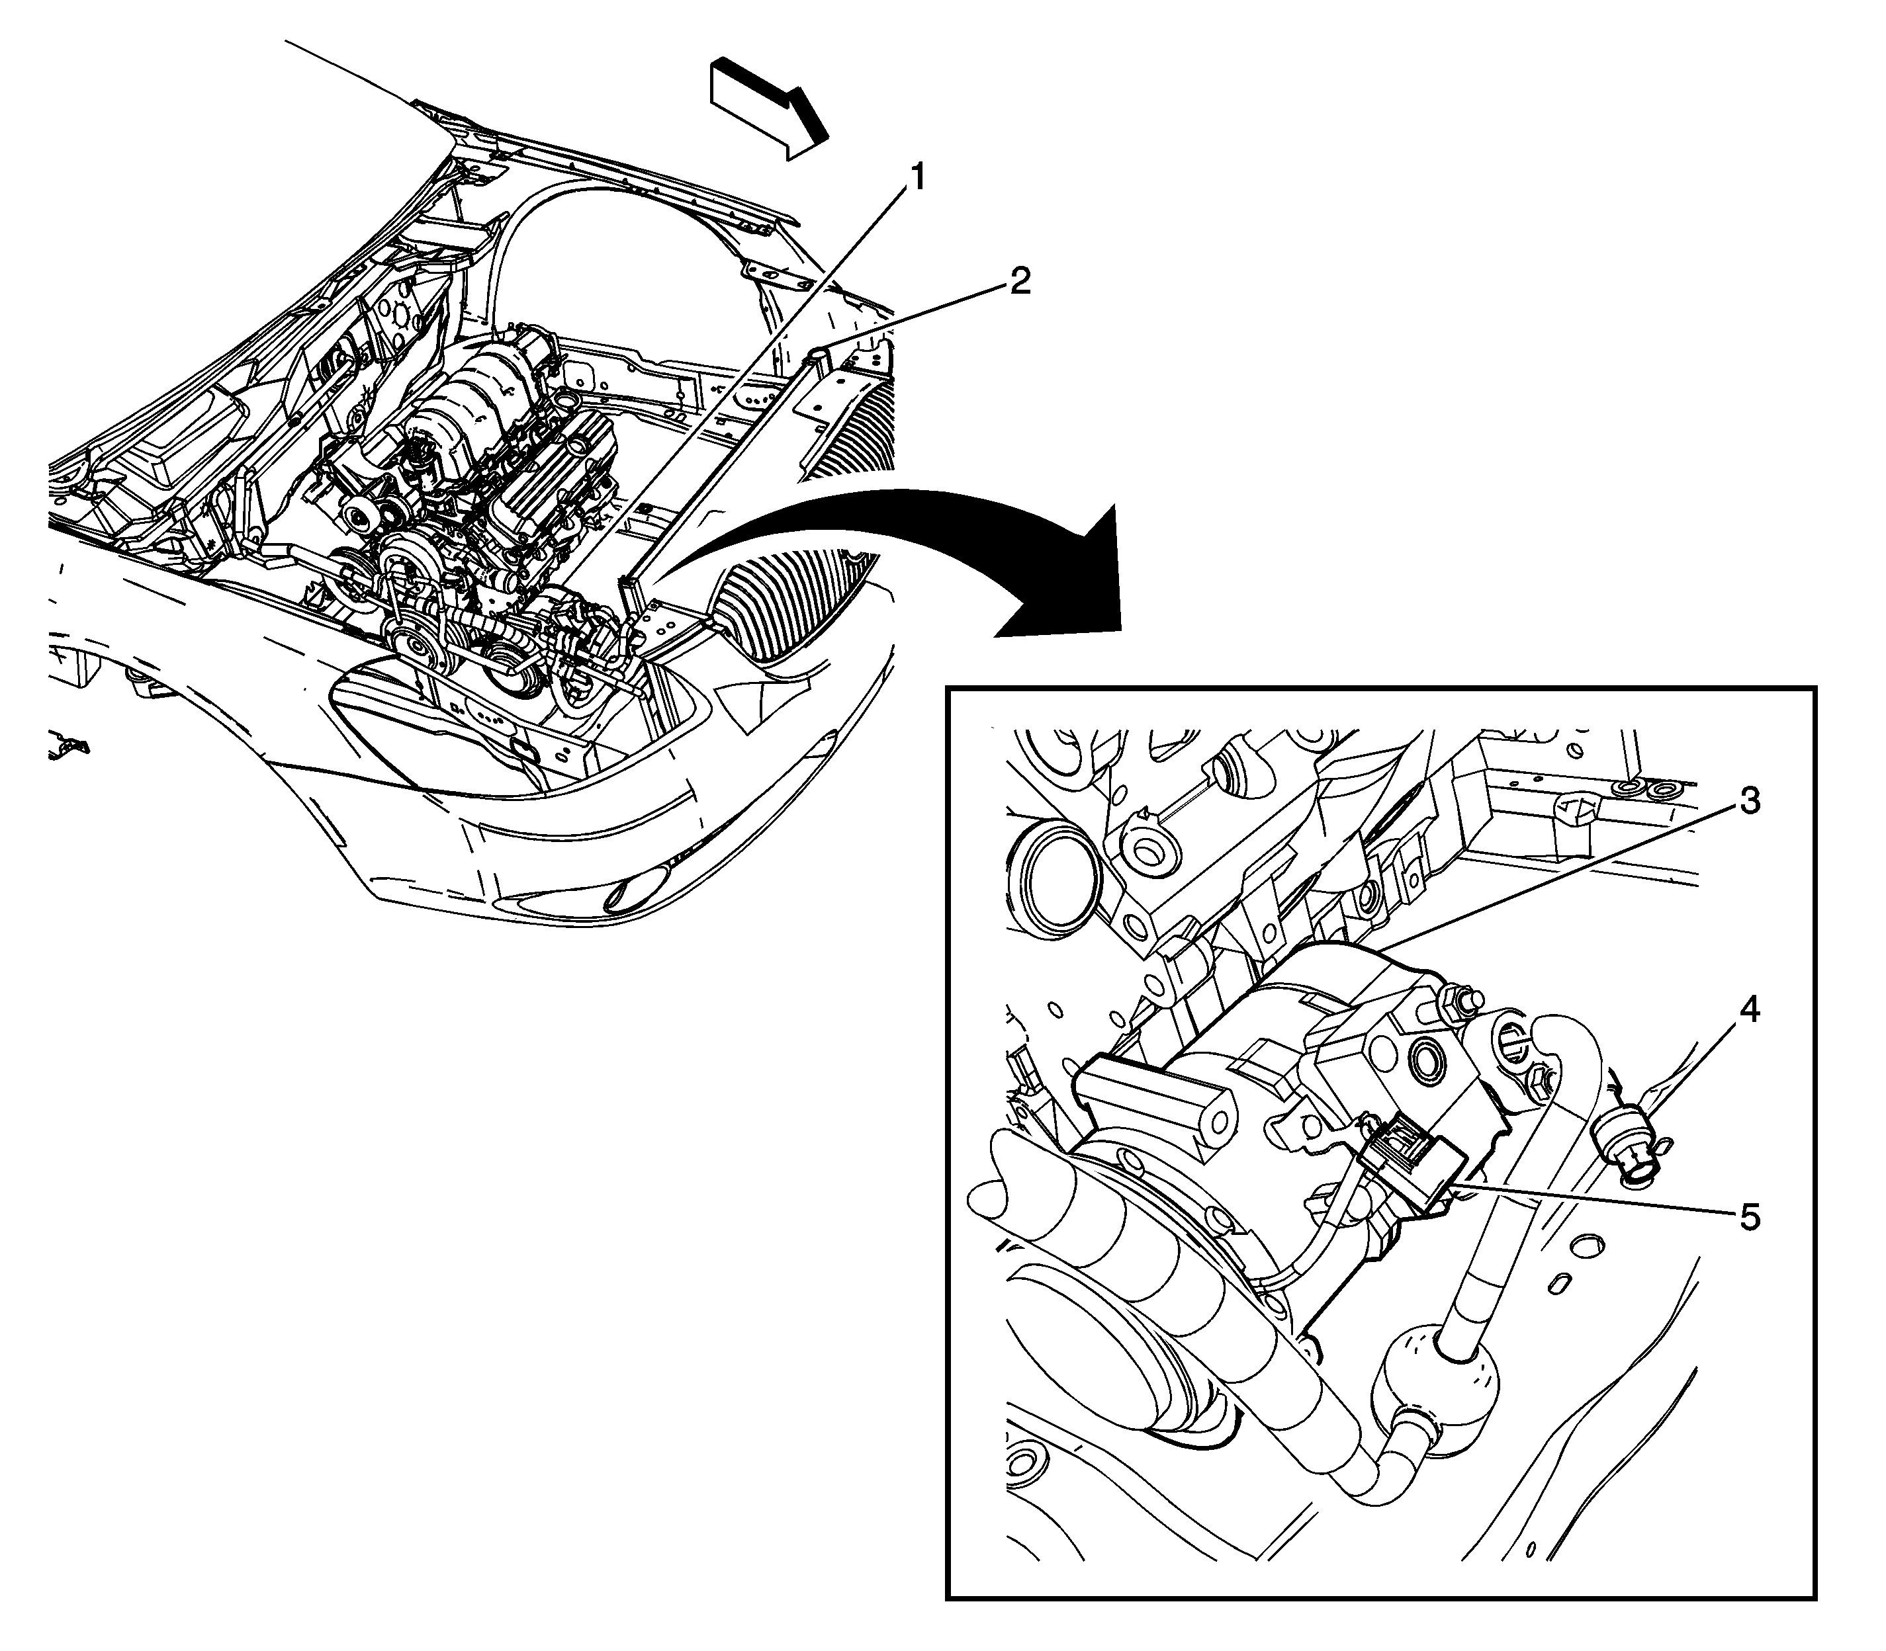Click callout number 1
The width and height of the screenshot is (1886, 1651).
(x=915, y=175)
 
